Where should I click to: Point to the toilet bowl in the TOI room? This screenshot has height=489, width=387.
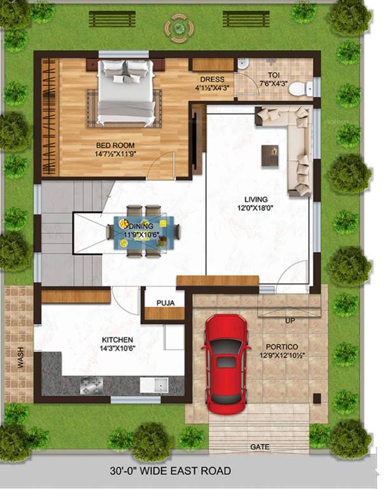(299, 89)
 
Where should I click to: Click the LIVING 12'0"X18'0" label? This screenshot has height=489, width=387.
(256, 203)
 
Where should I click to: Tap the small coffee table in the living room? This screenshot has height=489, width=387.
(270, 155)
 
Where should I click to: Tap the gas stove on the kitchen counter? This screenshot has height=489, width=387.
(90, 385)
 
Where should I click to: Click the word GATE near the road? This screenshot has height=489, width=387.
(260, 447)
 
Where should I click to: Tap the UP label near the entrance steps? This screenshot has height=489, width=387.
(290, 320)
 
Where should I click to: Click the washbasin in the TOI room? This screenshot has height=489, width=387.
(243, 64)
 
